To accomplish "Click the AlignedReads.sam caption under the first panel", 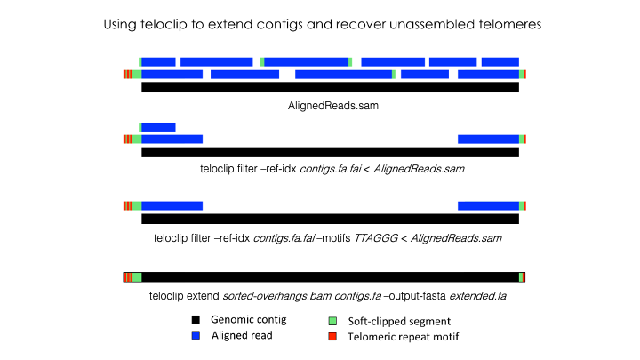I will tap(329, 104).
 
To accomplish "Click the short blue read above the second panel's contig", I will tap(158, 126).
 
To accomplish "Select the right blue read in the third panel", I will tap(488, 205).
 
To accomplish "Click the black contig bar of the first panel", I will tap(330, 87).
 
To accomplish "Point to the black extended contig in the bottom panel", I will tap(330, 277).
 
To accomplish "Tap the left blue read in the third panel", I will tap(172, 205).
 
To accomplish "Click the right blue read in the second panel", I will tap(488, 139).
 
